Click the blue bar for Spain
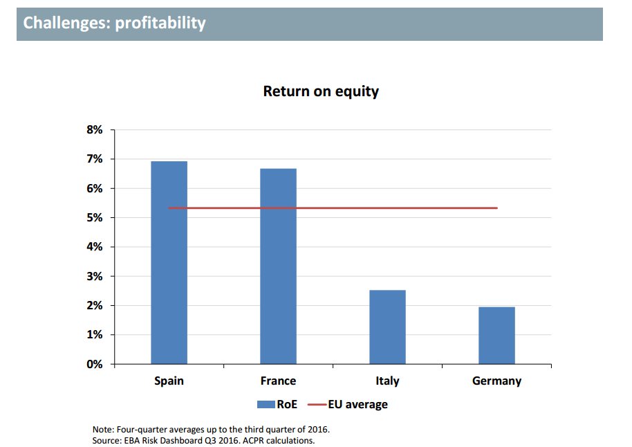pyautogui.click(x=169, y=262)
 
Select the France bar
pyautogui.click(x=278, y=266)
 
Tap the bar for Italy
pyautogui.click(x=387, y=327)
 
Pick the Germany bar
pyautogui.click(x=496, y=335)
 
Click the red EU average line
pyautogui.click(x=333, y=208)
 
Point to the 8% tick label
pyautogui.click(x=94, y=130)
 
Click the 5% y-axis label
pyautogui.click(x=94, y=218)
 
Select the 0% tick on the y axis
pyautogui.click(x=94, y=364)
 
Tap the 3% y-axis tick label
pyautogui.click(x=94, y=276)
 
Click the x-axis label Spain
pyautogui.click(x=169, y=381)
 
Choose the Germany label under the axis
pyautogui.click(x=496, y=381)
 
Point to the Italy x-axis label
pyautogui.click(x=387, y=381)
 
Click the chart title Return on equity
pyautogui.click(x=321, y=91)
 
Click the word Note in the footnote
pyautogui.click(x=103, y=429)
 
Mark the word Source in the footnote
pyautogui.click(x=107, y=440)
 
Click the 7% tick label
pyautogui.click(x=94, y=159)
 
